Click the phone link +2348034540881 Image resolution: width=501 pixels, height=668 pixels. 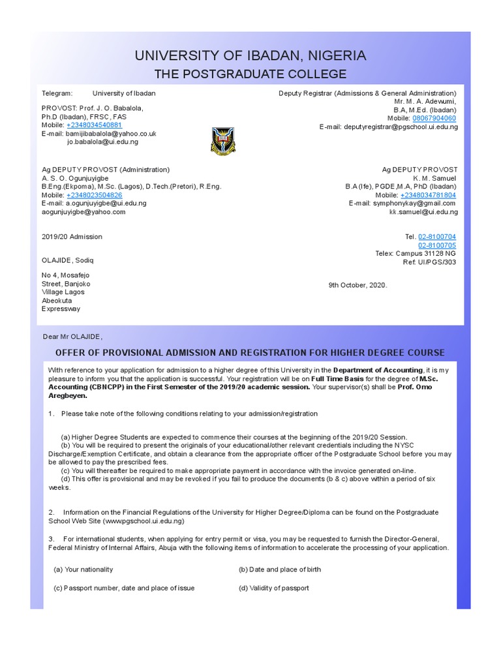[94, 125]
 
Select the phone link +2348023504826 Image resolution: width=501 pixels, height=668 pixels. [94, 195]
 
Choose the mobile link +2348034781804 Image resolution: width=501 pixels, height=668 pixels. [428, 195]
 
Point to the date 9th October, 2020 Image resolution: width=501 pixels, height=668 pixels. [358, 285]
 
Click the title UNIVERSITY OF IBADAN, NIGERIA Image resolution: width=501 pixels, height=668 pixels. [250, 56]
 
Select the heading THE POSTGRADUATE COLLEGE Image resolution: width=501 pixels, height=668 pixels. [250, 74]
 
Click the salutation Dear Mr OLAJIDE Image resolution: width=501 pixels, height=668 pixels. [72, 337]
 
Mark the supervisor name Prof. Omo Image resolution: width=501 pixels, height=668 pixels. [416, 387]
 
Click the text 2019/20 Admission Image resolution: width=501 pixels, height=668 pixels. [72, 237]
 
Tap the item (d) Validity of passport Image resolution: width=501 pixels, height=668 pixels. [273, 588]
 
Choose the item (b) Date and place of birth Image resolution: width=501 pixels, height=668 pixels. [279, 569]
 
